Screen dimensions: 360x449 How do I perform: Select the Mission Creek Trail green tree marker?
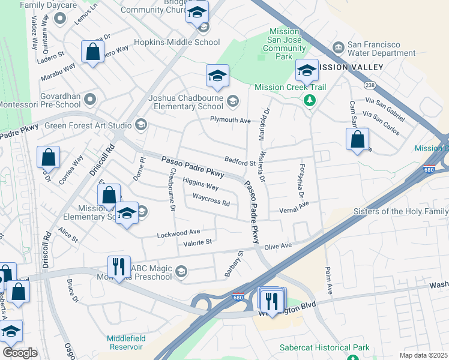(x=310, y=100)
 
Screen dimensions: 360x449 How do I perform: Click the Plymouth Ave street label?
(x=230, y=120)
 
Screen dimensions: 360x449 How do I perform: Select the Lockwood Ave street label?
(x=179, y=232)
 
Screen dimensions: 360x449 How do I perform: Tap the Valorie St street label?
(x=198, y=242)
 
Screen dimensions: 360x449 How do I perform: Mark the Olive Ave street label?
(x=278, y=246)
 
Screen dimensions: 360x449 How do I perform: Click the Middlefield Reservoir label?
(x=127, y=342)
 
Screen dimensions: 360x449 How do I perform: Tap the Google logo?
(x=20, y=353)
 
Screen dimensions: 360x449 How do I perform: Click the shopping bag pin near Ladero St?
(x=93, y=52)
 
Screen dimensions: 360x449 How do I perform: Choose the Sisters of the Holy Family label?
(x=400, y=211)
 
